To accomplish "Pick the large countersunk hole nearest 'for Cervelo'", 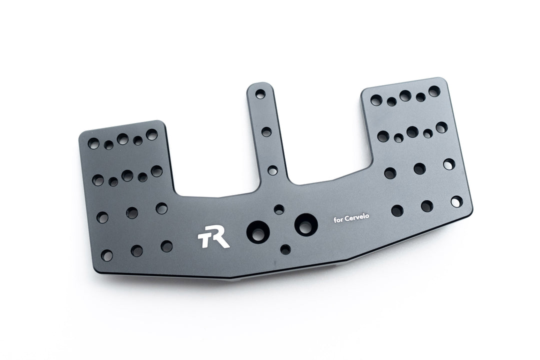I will click(305, 224).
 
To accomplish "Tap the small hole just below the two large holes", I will click(285, 249).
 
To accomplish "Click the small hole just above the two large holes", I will click(279, 209).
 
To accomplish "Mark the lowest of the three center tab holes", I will click(272, 170).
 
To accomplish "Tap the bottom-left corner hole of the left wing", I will click(106, 255).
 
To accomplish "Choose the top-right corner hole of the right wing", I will click(434, 91).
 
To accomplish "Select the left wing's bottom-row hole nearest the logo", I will click(166, 246).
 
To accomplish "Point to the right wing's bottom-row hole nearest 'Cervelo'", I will click(397, 210).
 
